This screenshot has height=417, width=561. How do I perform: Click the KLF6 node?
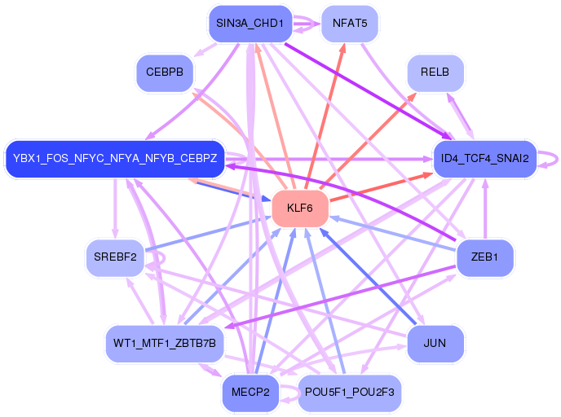point(300,208)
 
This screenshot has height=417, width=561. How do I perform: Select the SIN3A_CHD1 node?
point(250,24)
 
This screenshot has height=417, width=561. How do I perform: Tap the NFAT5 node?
point(350,24)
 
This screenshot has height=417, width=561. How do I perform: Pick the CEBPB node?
point(165,72)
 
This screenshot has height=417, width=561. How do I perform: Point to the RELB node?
point(435,72)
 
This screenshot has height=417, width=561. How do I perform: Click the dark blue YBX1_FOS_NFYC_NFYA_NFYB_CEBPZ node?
point(115,159)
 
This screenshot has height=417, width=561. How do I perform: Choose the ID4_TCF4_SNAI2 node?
point(485,159)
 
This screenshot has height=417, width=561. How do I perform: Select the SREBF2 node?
point(115,257)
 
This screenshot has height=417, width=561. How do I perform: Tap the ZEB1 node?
point(485,257)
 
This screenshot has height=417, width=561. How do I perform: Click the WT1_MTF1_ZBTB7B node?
point(165,344)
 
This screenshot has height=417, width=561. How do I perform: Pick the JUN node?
point(435,344)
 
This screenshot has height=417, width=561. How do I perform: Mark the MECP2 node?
point(250,393)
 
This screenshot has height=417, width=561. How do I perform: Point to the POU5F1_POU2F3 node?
point(350,393)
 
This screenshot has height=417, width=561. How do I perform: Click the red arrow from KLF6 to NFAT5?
point(325,116)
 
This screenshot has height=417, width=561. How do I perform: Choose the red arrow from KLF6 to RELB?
point(369,141)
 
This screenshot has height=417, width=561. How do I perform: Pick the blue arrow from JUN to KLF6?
point(368,277)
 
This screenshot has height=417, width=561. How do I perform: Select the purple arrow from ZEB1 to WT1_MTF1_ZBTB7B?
point(340,296)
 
